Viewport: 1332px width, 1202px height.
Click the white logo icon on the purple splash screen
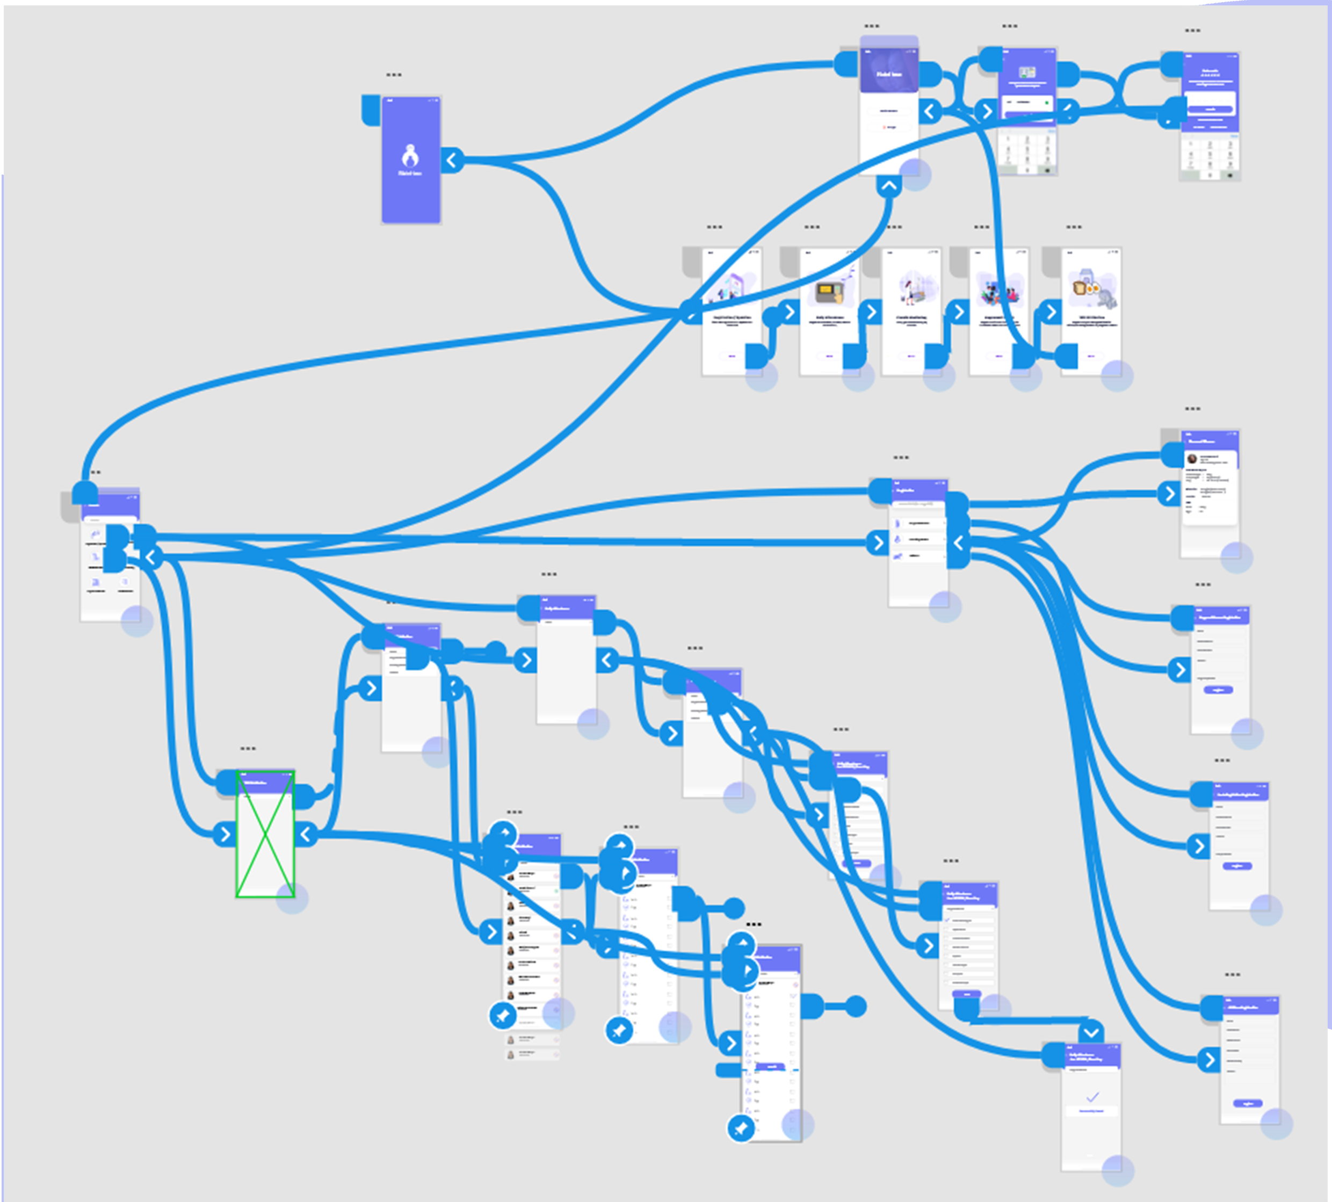[x=410, y=157]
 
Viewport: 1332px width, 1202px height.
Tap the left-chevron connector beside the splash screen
[x=452, y=160]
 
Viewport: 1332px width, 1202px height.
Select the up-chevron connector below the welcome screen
[x=889, y=186]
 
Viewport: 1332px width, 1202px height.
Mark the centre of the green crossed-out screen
[x=265, y=834]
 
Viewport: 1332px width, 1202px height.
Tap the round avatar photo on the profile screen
[x=1192, y=458]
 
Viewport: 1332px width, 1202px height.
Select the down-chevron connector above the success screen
[x=1091, y=1032]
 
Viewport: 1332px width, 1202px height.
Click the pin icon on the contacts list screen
[x=503, y=1015]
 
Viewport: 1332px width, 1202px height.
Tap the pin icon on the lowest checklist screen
[x=741, y=1128]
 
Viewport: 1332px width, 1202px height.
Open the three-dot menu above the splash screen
[x=394, y=75]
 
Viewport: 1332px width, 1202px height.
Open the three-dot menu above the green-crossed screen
[x=248, y=749]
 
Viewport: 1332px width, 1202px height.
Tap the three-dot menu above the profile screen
[x=1192, y=409]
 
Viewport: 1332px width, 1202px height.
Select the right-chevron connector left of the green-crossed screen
[x=225, y=835]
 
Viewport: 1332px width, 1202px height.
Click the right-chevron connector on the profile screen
[x=1170, y=493]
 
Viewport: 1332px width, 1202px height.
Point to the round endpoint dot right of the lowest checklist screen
[x=856, y=1007]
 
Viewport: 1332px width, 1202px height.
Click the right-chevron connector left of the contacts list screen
[x=491, y=932]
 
